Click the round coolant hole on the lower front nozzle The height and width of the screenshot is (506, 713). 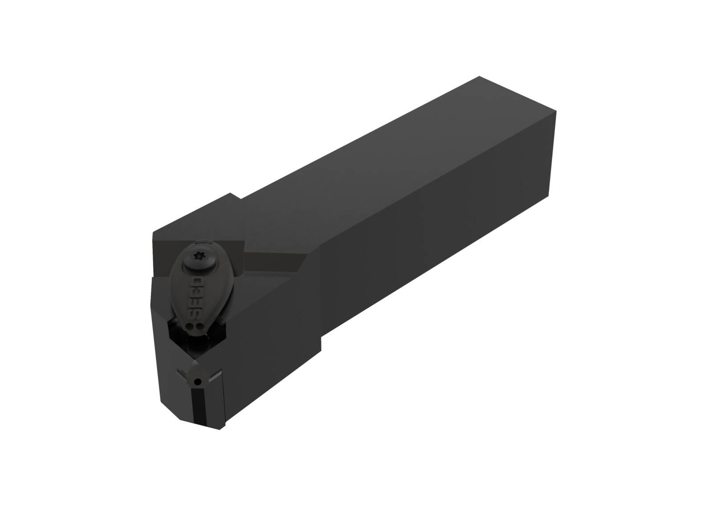click(198, 381)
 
